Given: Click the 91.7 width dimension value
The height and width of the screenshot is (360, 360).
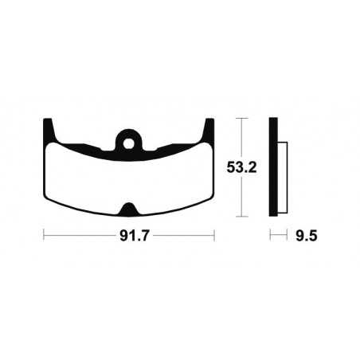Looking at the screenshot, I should (x=128, y=237).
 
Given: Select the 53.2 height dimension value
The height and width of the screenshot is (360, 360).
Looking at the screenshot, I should (x=241, y=168).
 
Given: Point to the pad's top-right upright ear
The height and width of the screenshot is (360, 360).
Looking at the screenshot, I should (x=209, y=128).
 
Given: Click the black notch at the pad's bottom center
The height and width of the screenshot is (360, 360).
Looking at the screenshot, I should (x=128, y=210).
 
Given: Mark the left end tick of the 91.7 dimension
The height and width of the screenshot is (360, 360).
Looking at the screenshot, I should (x=43, y=237).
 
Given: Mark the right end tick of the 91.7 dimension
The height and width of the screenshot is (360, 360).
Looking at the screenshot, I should (x=214, y=237).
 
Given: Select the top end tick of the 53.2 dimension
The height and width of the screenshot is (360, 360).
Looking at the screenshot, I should (x=241, y=119).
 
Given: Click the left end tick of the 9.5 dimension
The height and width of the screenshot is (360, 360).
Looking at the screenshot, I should (x=270, y=237).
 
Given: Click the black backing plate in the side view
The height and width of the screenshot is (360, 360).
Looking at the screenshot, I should (x=273, y=168).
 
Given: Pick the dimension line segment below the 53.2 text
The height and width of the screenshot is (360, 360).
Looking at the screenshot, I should (x=241, y=199).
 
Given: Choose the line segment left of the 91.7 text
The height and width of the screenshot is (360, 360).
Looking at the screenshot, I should (x=76, y=237).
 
